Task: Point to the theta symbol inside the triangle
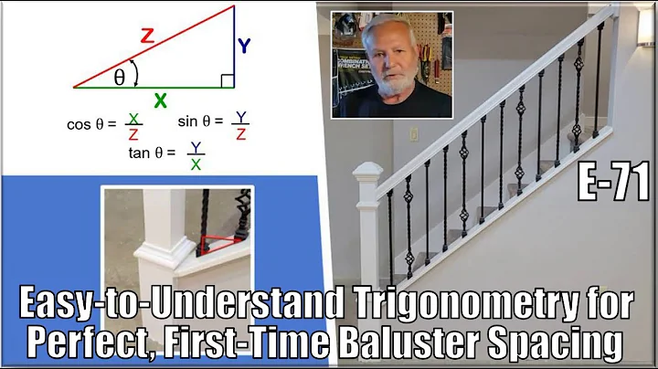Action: click(x=120, y=78)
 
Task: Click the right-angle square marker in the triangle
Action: click(x=228, y=81)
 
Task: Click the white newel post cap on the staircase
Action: click(x=370, y=172)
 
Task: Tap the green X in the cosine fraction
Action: click(x=133, y=116)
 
